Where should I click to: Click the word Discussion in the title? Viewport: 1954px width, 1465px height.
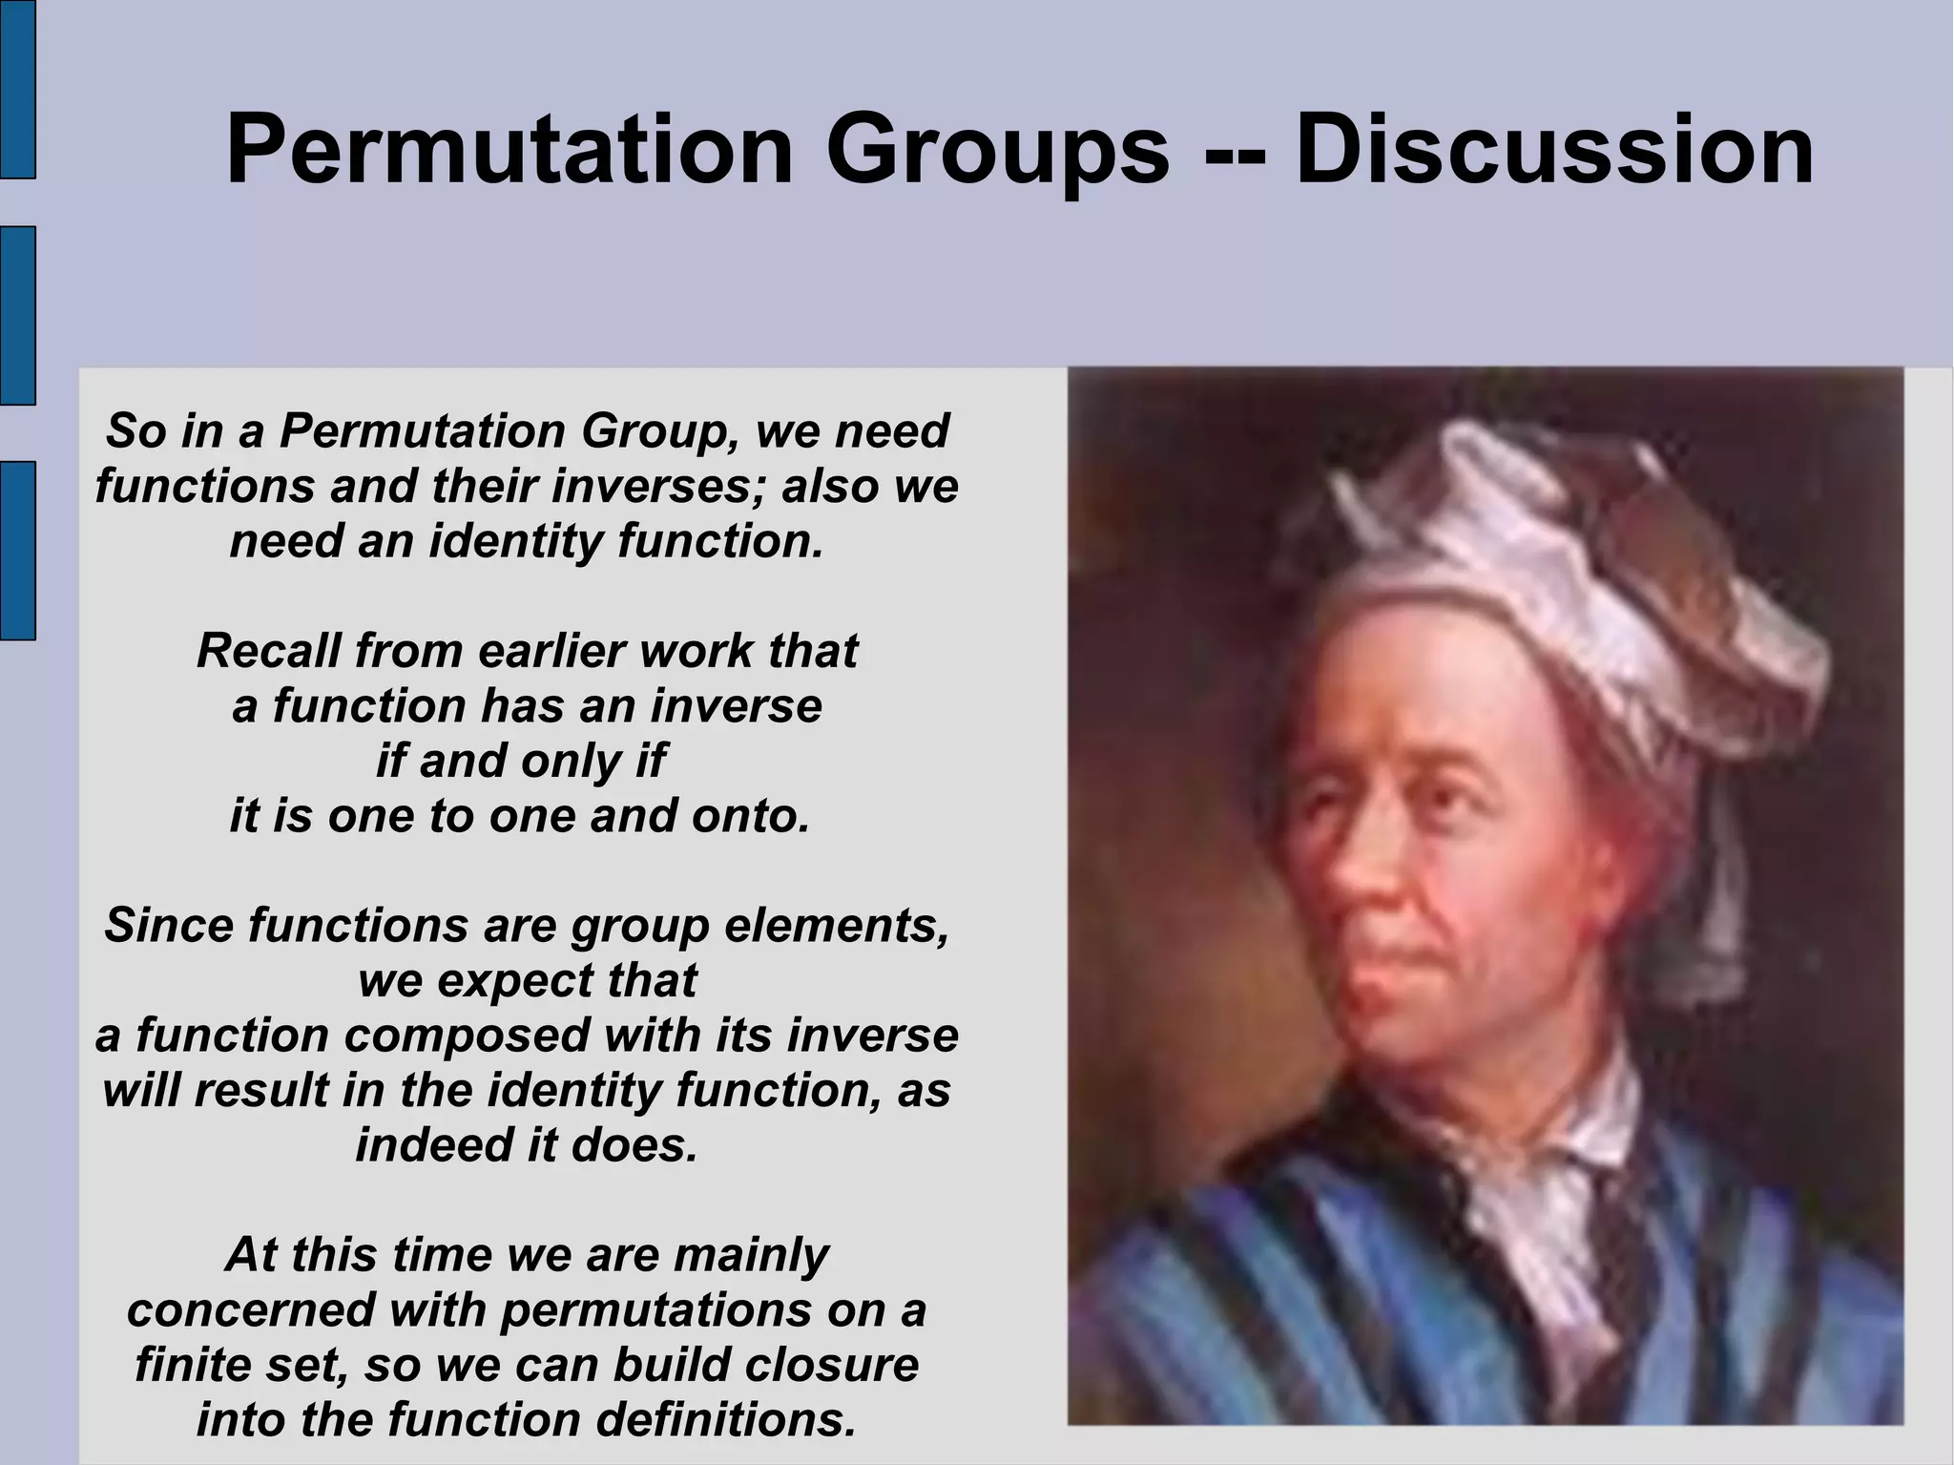[x=1553, y=151]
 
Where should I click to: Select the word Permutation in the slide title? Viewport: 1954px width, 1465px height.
[x=509, y=151]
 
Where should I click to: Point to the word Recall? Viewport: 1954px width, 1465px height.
[x=268, y=651]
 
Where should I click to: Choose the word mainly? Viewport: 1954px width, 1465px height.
[x=751, y=1256]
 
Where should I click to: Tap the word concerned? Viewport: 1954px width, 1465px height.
[x=250, y=1310]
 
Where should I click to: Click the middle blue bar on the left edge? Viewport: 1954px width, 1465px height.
[x=17, y=315]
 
